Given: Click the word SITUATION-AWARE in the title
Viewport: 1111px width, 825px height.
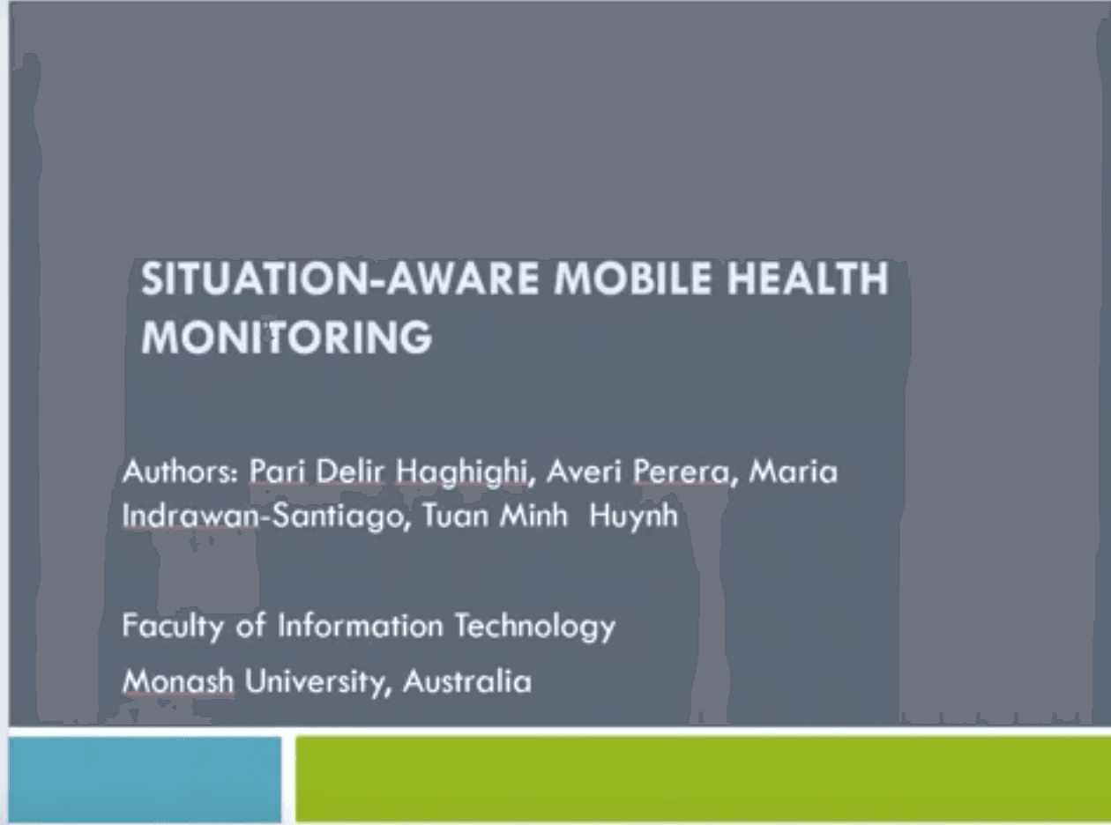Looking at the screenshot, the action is (340, 279).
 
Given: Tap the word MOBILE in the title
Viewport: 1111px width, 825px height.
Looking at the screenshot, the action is (632, 279).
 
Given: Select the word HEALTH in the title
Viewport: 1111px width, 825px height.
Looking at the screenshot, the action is (808, 279).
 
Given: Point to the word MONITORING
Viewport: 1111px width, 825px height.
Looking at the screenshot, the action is (287, 337).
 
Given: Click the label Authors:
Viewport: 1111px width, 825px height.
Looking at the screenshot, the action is (181, 472).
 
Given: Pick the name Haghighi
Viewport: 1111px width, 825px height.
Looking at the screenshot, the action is (461, 472).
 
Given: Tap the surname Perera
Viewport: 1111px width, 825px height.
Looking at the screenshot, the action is (682, 472).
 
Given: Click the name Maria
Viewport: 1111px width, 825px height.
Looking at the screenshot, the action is (793, 472).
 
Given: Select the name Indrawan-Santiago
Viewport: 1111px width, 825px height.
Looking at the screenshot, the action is (263, 516).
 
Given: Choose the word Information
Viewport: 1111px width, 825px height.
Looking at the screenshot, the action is (360, 626).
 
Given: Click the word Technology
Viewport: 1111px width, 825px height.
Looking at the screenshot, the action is (535, 627).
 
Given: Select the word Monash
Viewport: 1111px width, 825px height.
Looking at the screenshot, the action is (178, 681).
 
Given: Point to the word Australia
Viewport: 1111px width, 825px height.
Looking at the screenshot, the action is (466, 681).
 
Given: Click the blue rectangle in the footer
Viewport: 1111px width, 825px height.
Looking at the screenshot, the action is (145, 779).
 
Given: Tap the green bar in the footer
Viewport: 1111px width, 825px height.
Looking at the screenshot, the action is (704, 779).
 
